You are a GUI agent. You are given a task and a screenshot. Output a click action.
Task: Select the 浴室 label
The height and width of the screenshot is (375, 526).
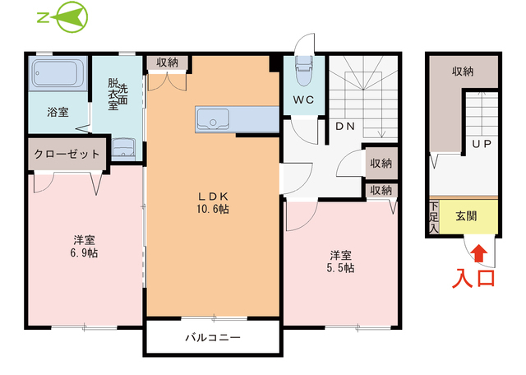coord(58,111)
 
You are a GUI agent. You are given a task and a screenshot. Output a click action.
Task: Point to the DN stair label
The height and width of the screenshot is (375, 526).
coord(345,127)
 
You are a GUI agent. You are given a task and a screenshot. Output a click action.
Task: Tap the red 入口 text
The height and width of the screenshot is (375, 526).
coord(475,277)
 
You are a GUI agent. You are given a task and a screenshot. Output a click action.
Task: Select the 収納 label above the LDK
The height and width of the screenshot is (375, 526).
coord(168,62)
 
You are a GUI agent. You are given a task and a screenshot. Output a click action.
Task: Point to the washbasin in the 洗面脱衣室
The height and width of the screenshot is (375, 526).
coord(123,146)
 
